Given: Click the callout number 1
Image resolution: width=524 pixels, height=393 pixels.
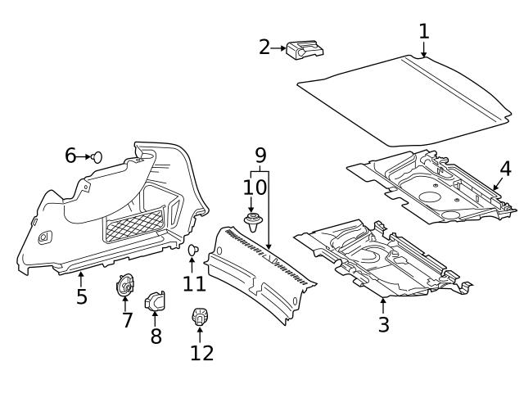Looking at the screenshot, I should [423, 31].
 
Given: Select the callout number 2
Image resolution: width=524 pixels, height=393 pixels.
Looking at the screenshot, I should [264, 47].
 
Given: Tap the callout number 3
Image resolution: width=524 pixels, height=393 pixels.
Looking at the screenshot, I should [383, 323].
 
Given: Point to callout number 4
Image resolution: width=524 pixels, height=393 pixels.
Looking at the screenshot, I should [505, 169].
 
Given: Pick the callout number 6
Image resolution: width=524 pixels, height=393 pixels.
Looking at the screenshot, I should [70, 156].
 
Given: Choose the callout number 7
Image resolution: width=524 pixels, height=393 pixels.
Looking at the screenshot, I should [127, 319].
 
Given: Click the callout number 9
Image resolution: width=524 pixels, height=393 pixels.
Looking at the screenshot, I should [260, 155].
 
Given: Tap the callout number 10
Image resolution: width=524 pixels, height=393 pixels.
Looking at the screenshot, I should [254, 187].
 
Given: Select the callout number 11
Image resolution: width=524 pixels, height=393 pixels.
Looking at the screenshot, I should [194, 283].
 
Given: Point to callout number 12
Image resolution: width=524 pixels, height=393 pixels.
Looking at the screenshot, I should [201, 352].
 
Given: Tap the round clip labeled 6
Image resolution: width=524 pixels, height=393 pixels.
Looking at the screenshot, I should [97, 156].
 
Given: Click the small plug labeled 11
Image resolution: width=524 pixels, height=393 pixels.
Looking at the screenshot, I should [194, 250].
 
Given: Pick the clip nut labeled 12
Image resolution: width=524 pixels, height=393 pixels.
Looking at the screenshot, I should [199, 316].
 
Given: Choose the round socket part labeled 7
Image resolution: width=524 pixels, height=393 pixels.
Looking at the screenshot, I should [126, 286].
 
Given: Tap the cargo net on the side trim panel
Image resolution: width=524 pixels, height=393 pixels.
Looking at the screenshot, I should [135, 224].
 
